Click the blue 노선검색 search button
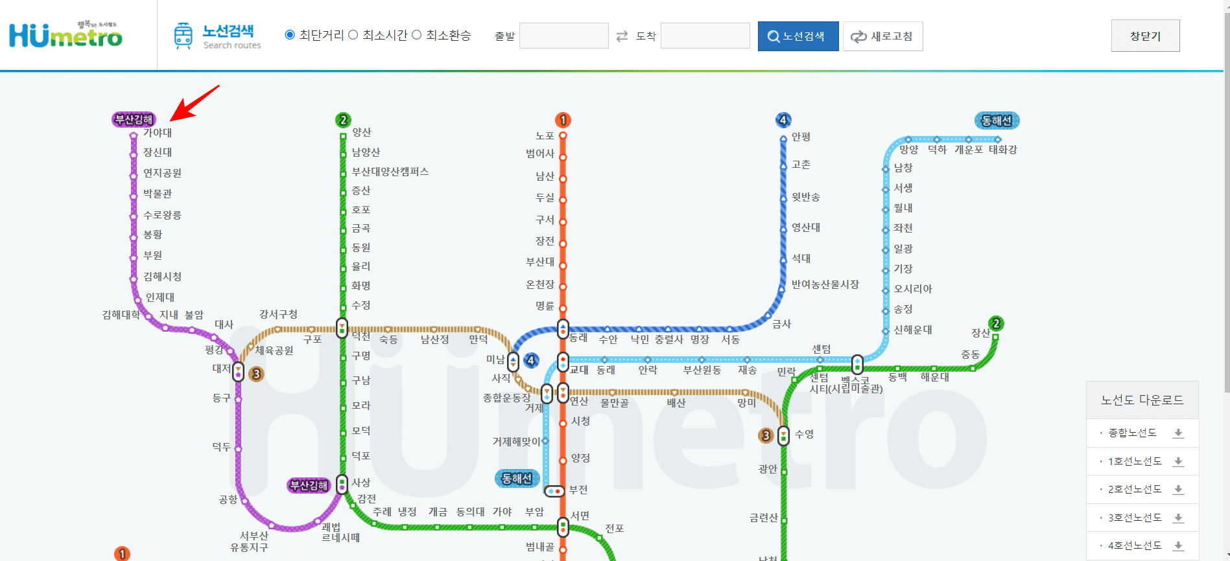(798, 36)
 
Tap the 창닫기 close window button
(1145, 36)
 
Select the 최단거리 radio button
(290, 35)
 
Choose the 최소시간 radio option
(353, 35)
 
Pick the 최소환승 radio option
(417, 35)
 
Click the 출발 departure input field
(563, 36)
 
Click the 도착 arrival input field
(705, 36)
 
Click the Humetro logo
(65, 35)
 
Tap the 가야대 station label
(158, 133)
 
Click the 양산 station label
(362, 132)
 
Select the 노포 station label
(545, 136)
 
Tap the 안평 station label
(801, 137)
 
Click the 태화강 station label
(1002, 150)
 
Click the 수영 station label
(804, 434)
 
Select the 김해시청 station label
(162, 277)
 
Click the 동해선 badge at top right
(997, 120)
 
